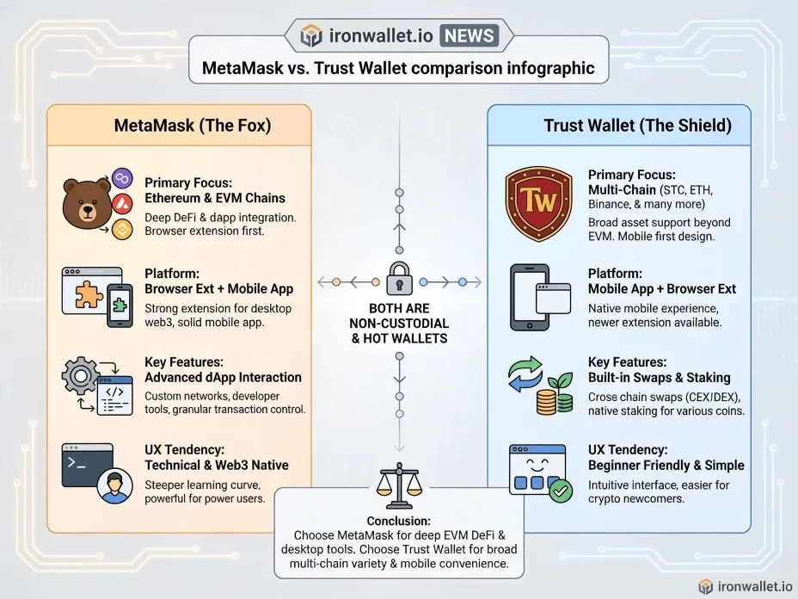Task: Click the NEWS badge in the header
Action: [x=469, y=35]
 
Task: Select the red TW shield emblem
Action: [x=538, y=203]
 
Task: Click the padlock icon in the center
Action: [x=400, y=279]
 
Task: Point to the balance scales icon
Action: [x=399, y=485]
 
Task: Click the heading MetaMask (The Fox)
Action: [x=193, y=126]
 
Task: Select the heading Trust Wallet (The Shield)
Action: [x=638, y=126]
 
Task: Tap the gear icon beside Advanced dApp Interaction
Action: [x=81, y=376]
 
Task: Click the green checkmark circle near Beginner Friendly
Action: [x=561, y=491]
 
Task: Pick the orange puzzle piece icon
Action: [x=89, y=294]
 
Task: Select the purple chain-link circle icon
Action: [x=122, y=178]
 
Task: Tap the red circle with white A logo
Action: [x=122, y=204]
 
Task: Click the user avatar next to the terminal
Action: [x=115, y=486]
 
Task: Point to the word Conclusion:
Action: [x=399, y=521]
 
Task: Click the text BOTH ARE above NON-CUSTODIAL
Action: [x=399, y=308]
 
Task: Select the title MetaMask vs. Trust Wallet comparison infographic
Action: [x=398, y=68]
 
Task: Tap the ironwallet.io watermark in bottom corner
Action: [x=746, y=586]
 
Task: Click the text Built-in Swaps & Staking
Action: [x=659, y=378]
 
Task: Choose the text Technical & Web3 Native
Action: [x=217, y=465]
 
